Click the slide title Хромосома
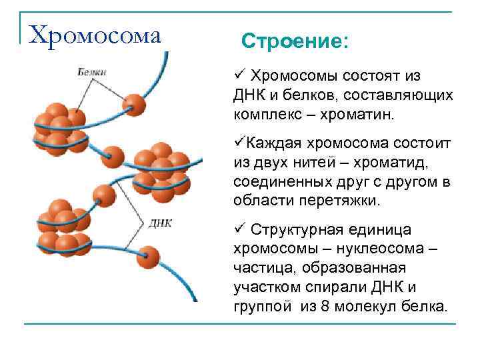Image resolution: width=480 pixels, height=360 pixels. click(96, 34)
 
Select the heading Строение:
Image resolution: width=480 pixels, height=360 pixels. click(295, 42)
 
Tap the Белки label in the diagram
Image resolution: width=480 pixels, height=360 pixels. click(91, 71)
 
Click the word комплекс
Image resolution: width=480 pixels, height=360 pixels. click(263, 115)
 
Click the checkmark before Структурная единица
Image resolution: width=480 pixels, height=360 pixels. click(239, 229)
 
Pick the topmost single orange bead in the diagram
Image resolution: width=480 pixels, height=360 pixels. click(135, 104)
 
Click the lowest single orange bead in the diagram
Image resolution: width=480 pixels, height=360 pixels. click(149, 258)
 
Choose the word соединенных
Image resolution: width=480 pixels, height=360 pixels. click(274, 182)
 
